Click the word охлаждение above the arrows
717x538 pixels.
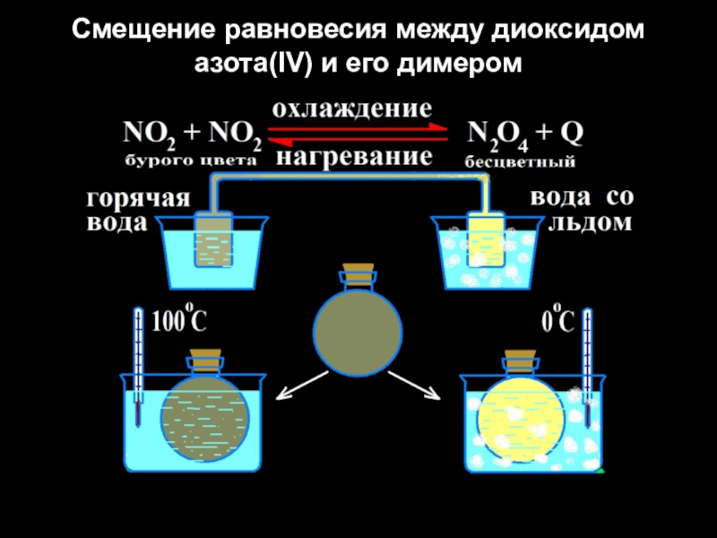(x=351, y=110)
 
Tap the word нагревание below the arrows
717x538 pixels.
(x=353, y=158)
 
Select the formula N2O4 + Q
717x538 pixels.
(x=526, y=134)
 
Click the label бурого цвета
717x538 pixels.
(x=189, y=161)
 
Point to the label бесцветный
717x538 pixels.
(x=521, y=162)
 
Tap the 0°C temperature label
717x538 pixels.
(x=557, y=320)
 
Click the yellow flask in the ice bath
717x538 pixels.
(x=516, y=416)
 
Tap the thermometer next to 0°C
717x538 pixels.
(x=587, y=359)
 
